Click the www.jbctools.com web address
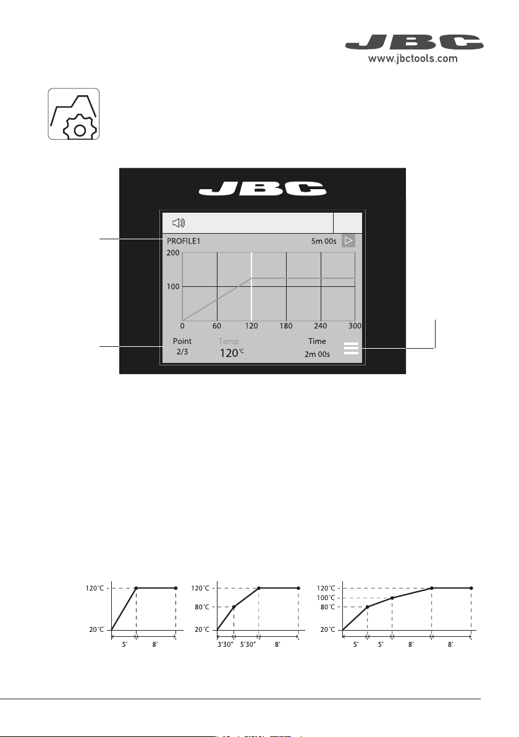tap(412, 59)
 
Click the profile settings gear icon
tap(74, 114)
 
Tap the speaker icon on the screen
tap(179, 223)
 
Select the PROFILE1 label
tap(184, 241)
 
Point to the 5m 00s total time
tap(324, 241)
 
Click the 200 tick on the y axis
tap(173, 253)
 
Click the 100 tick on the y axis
tap(173, 286)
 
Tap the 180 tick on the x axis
tap(286, 326)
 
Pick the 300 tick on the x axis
tap(355, 326)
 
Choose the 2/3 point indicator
tap(182, 352)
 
